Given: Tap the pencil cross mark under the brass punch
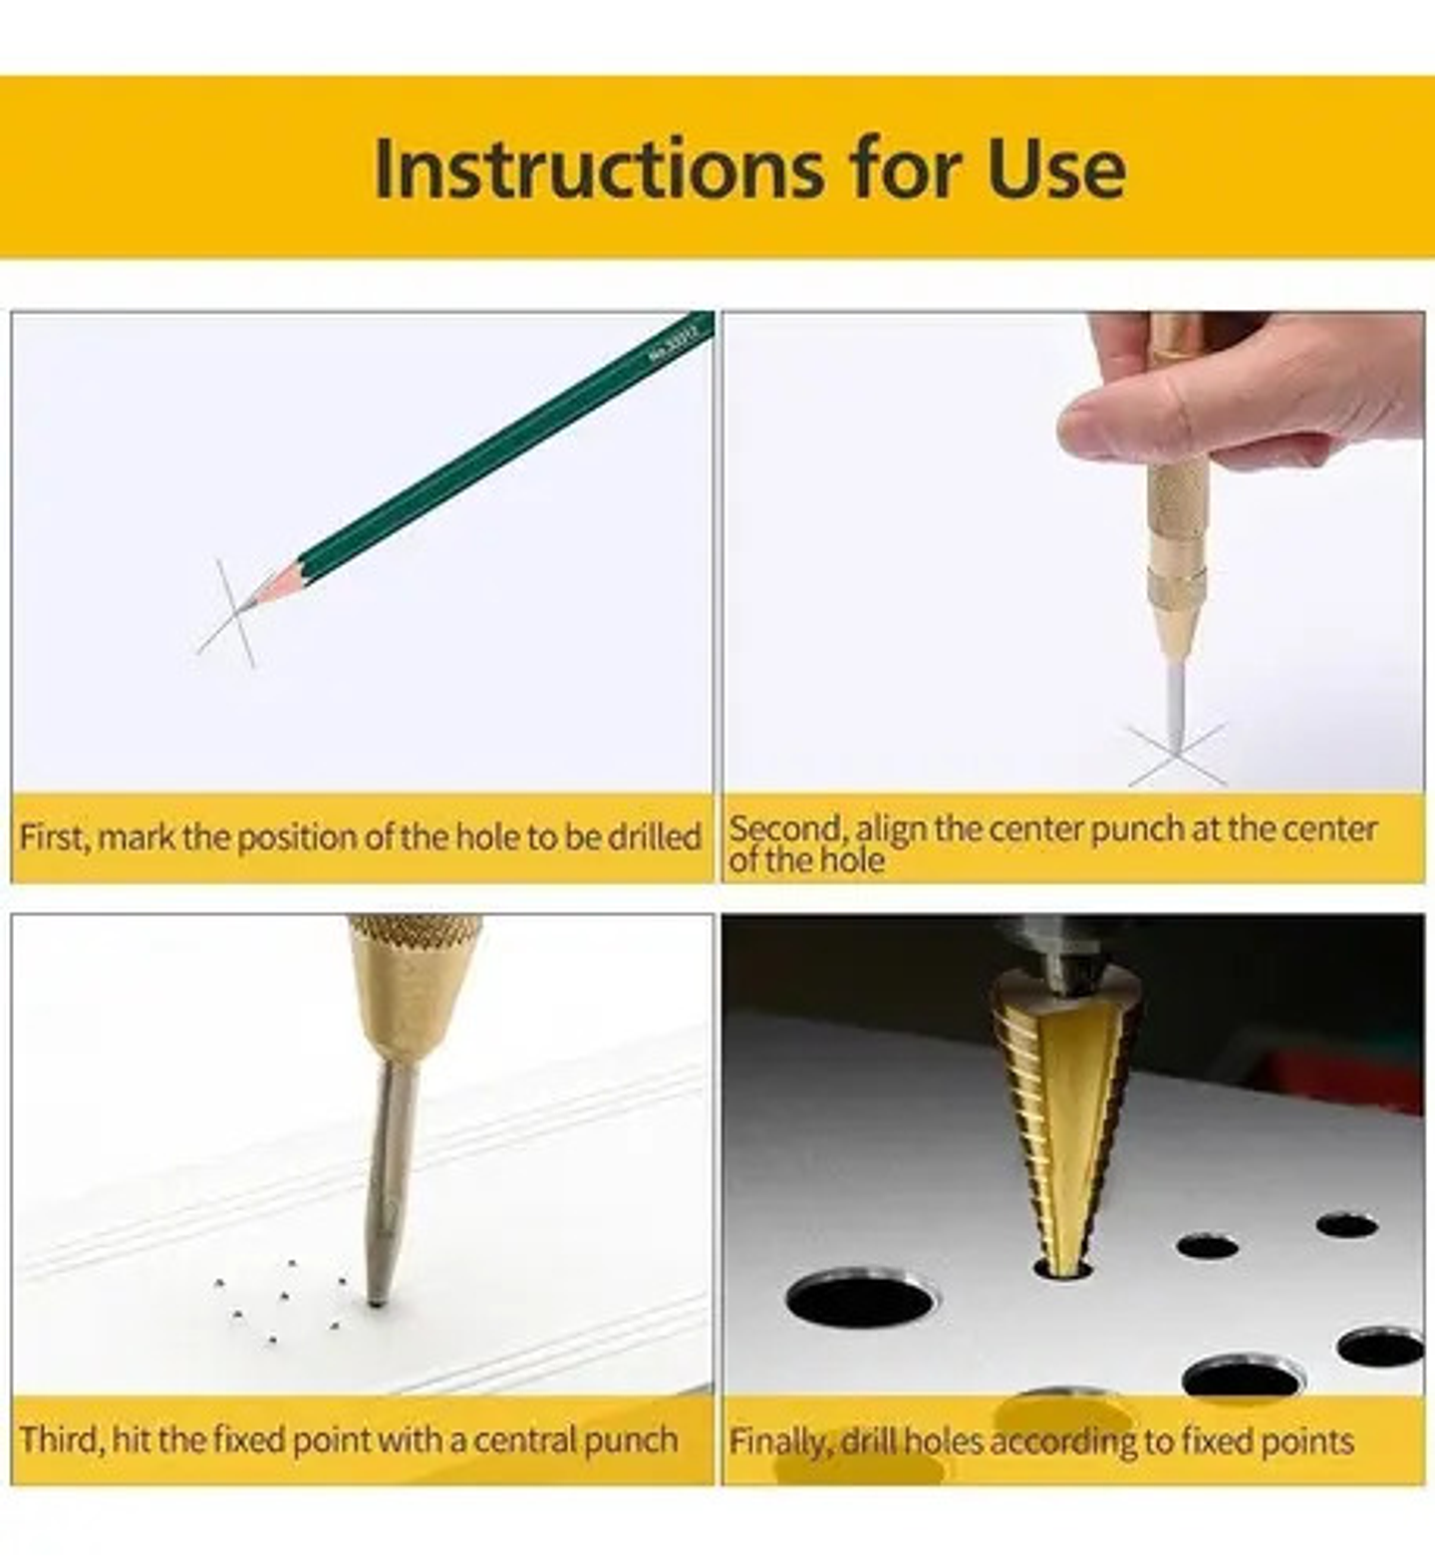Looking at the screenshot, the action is point(1176,754).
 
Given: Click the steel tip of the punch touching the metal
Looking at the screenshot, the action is point(377,1299).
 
